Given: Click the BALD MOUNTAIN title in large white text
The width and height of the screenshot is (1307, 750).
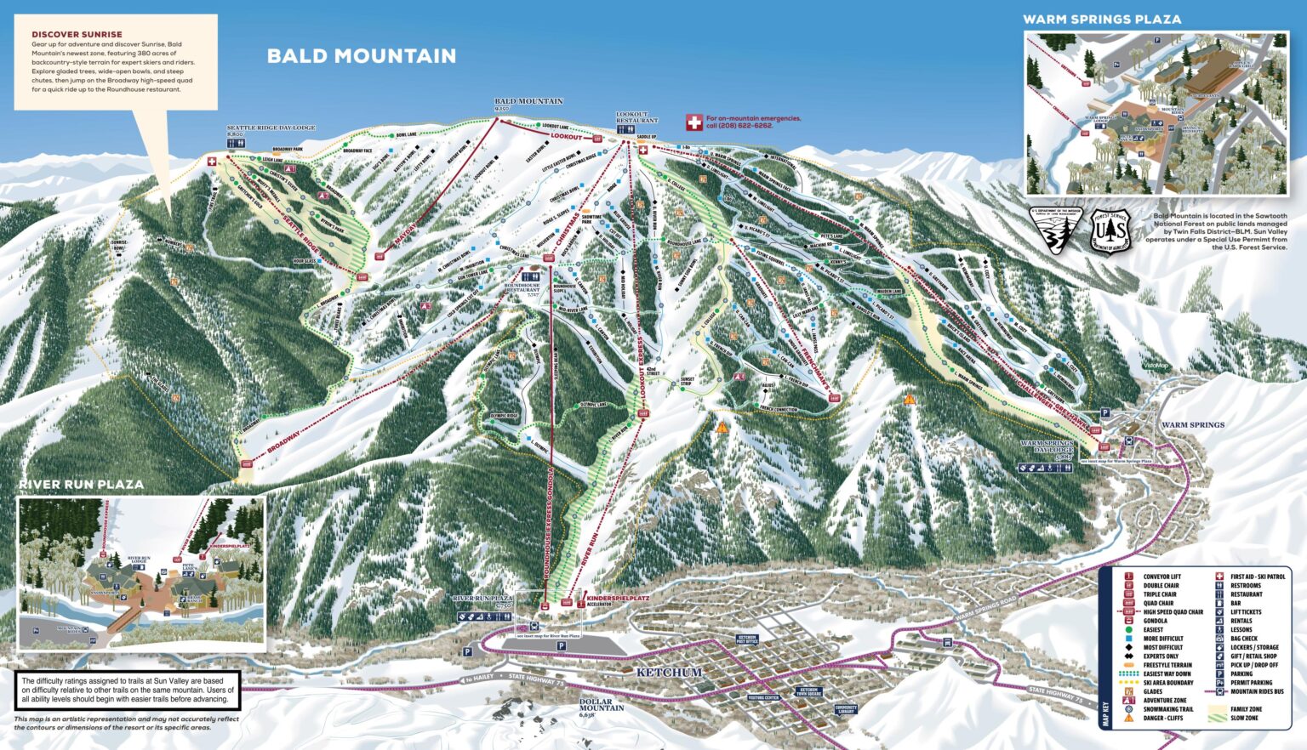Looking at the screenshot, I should click(x=362, y=56).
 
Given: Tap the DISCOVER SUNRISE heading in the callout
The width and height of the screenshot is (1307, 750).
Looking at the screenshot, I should click(x=77, y=34).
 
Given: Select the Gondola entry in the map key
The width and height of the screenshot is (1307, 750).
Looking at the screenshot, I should click(x=1155, y=621).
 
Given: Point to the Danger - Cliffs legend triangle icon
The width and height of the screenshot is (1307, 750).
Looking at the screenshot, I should click(x=1129, y=718).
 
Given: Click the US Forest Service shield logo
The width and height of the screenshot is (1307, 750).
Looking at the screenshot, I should click(x=1110, y=231).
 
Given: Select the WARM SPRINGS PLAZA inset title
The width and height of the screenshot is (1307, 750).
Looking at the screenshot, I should click(x=1101, y=19).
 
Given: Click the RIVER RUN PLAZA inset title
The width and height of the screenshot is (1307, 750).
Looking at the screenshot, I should click(x=82, y=484).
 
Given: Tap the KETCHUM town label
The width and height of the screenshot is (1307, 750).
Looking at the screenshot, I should click(x=670, y=673).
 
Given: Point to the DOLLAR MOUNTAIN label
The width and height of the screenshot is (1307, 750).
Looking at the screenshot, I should click(x=602, y=705).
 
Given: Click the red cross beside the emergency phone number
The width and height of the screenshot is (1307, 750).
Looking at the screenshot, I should click(x=693, y=123).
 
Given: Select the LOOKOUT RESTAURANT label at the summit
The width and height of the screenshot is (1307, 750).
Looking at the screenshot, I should click(x=636, y=117).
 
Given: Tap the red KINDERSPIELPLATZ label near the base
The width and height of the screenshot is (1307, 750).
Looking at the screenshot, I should click(x=618, y=599).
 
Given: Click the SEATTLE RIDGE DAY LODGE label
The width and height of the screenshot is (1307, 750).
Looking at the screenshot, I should click(x=271, y=128).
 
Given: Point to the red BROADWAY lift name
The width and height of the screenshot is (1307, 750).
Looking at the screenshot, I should click(x=283, y=441).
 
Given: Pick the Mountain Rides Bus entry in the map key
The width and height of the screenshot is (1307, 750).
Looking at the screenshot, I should click(x=1257, y=691).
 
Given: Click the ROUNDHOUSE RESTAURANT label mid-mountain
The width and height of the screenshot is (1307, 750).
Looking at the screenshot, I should click(x=522, y=287).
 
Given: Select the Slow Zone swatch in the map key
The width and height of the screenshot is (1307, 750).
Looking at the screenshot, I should click(x=1218, y=718).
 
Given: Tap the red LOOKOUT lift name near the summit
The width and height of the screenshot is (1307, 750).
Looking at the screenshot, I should click(x=566, y=137).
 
